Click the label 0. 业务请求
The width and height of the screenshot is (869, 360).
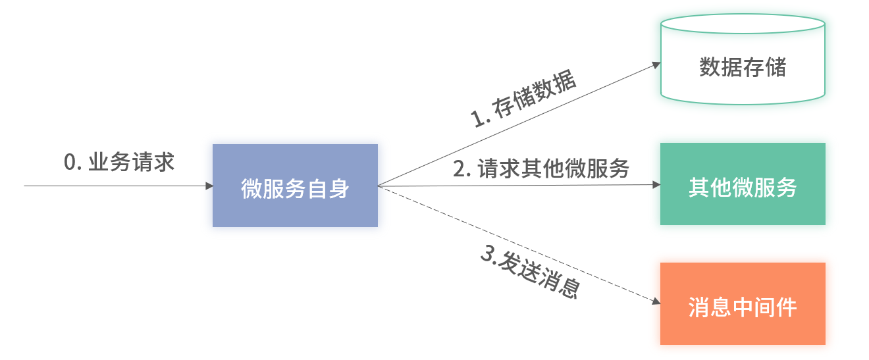pos(119,163)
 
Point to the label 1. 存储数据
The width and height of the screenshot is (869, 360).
pos(523,101)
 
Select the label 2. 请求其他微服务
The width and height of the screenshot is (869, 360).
pos(540,169)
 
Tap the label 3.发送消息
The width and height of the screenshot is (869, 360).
pos(530,274)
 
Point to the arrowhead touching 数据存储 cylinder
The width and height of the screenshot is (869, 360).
pos(656,64)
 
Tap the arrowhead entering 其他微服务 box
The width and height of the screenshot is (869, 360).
pos(656,185)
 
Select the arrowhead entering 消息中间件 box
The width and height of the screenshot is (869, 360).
pos(656,302)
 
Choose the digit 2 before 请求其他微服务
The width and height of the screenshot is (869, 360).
pos(460,169)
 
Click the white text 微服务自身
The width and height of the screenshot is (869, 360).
pos(295,189)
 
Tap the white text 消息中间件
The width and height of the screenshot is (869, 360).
pos(743,307)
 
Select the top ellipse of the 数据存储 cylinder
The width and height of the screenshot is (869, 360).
pos(743,24)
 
